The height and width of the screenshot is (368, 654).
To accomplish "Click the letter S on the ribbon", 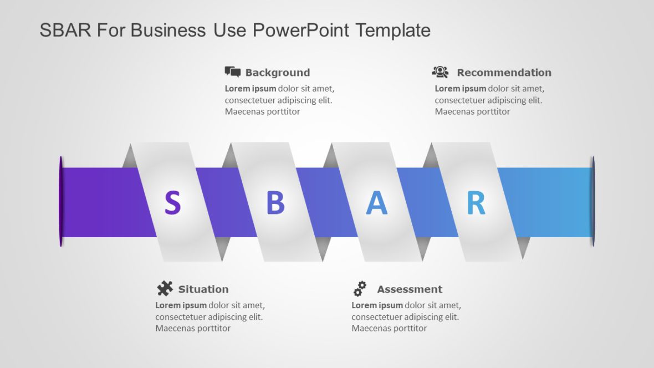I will click(x=172, y=203).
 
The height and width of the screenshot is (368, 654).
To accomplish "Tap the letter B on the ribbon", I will click(x=275, y=203).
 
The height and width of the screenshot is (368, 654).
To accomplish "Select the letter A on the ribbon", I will click(x=376, y=203).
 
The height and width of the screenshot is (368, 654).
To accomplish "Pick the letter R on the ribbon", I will click(x=476, y=203).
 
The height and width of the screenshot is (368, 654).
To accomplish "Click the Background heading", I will click(x=277, y=73).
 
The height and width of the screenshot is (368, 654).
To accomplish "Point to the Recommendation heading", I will click(x=504, y=73).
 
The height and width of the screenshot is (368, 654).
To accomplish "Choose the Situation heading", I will click(x=203, y=289).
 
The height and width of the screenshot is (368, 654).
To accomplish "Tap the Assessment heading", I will click(x=410, y=289).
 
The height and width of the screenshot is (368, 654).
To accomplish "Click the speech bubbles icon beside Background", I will click(x=232, y=71).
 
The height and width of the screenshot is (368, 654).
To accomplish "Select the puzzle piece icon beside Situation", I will click(x=165, y=288).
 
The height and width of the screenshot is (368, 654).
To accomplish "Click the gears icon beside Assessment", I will click(x=360, y=288).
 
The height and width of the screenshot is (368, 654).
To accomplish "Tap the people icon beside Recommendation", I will click(x=440, y=71).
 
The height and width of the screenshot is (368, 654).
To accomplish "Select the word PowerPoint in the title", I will click(x=302, y=30).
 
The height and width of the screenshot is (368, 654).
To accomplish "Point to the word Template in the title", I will click(x=393, y=30).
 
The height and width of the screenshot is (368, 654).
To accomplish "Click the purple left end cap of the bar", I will click(x=61, y=202).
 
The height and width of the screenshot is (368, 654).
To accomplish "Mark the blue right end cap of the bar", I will click(x=592, y=202).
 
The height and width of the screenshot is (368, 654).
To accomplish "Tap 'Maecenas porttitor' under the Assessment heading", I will click(x=389, y=328).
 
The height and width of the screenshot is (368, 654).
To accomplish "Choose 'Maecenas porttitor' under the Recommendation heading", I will click(x=472, y=111).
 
